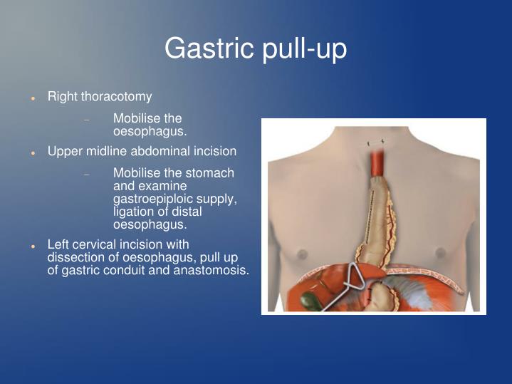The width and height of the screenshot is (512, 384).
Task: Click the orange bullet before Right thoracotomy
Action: pyautogui.click(x=33, y=97)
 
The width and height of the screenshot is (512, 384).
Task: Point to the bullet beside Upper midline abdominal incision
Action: pyautogui.click(x=33, y=152)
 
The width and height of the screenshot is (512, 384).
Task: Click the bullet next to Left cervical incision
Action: pyautogui.click(x=33, y=245)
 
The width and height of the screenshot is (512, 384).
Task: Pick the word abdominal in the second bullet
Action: pyautogui.click(x=160, y=152)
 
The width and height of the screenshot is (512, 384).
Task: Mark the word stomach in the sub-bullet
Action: pyautogui.click(x=209, y=173)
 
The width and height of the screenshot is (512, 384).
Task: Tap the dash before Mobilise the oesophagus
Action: pyautogui.click(x=87, y=120)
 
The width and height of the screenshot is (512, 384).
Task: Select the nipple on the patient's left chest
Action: pyautogui.click(x=439, y=252)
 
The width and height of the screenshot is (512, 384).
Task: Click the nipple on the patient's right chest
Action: pyautogui.click(x=302, y=254)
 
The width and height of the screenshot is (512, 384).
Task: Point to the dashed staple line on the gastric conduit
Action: pyautogui.click(x=367, y=214)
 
